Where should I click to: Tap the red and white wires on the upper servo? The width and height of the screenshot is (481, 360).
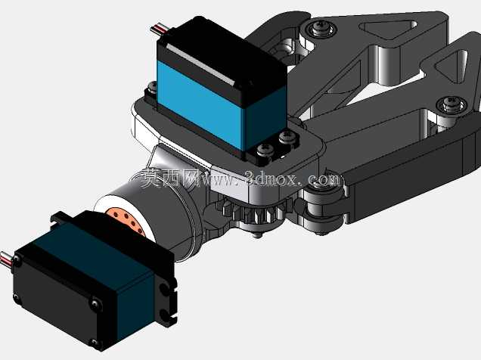160,29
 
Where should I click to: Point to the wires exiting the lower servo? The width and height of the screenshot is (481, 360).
7,258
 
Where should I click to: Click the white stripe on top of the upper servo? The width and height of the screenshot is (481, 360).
200,65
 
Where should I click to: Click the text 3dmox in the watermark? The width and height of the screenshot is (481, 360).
272,178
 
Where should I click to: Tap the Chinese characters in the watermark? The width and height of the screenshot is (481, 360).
171,178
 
